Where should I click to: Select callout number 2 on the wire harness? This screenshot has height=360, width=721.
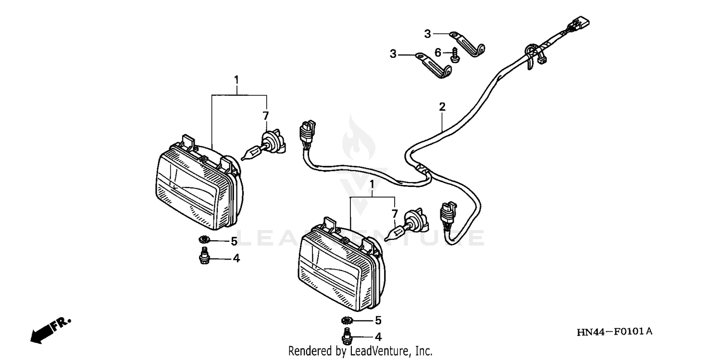point(442,107)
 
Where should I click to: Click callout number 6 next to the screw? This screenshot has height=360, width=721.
point(437,52)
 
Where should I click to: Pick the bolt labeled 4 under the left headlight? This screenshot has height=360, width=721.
point(204,257)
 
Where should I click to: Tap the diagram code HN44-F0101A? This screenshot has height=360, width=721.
point(615,331)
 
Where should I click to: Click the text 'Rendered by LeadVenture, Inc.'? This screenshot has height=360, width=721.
point(360,351)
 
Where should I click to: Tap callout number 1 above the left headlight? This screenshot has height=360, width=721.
point(236,79)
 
